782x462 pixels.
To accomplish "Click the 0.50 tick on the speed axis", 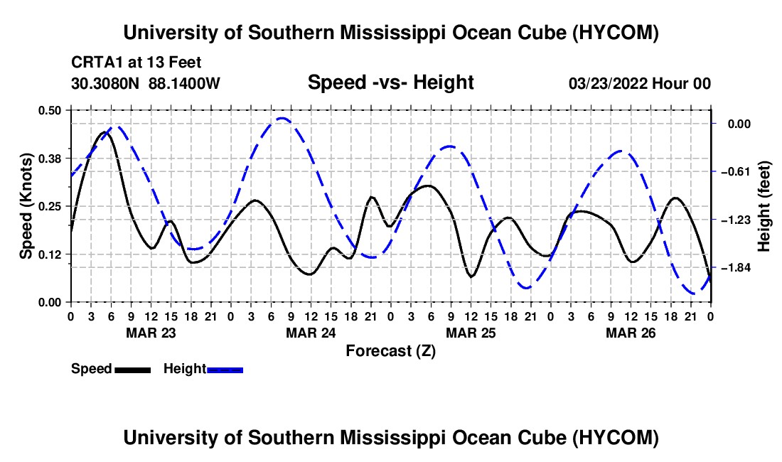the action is (49, 110).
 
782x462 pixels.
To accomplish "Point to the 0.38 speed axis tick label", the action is (49, 159).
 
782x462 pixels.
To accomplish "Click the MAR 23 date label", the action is (151, 333).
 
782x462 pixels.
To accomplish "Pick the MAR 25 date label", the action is (471, 333).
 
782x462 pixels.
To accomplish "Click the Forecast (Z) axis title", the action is (390, 351).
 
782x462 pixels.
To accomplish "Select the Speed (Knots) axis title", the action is (26, 206).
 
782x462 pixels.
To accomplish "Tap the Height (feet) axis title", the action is (764, 206).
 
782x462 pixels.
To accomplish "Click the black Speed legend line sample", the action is (133, 370).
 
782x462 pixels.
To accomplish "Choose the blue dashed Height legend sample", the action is (225, 370).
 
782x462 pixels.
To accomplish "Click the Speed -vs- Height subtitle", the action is (390, 82).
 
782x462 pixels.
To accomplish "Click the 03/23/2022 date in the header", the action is (608, 83).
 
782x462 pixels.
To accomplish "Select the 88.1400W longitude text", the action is (184, 83).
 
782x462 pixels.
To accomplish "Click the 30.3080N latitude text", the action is (105, 83).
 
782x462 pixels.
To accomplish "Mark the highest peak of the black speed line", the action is (105, 132).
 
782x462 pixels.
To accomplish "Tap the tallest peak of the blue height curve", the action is (282, 118).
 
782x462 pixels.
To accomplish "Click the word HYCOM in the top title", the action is (616, 33).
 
